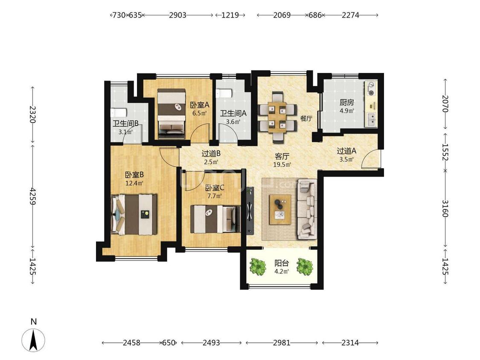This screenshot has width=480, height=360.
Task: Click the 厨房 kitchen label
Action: pos(346,103)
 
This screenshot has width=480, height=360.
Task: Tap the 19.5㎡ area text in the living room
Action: pos(282,164)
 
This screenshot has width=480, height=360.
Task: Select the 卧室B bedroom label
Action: pos(134,175)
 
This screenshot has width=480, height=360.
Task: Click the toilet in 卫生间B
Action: pos(118,112)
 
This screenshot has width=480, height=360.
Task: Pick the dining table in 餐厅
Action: pos(277,116)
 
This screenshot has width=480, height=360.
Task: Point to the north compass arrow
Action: pos(34,340)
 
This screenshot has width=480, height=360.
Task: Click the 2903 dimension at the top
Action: pos(177,15)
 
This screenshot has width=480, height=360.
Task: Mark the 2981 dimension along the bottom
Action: pos(282,343)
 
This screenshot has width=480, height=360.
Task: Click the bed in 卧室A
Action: pos(172,114)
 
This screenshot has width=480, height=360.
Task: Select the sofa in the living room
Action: pos(306,209)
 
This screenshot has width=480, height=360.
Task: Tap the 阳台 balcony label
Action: pos(282,263)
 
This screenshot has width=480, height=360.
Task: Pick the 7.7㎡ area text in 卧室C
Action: pos(214,196)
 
